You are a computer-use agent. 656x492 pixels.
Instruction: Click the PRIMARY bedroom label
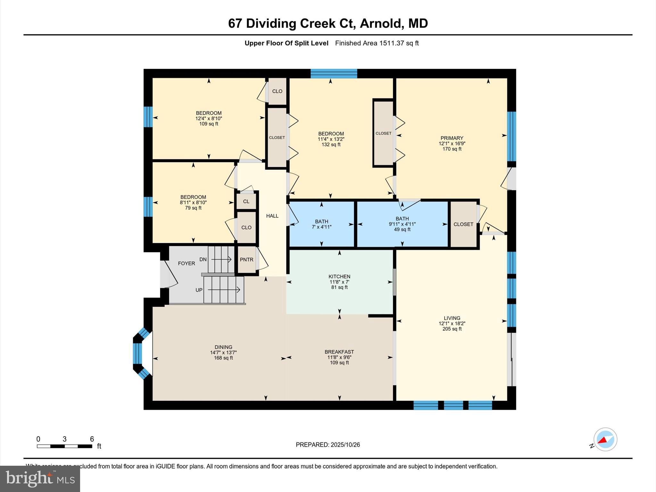pos(452,138)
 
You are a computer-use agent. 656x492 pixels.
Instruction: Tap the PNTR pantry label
pos(247,260)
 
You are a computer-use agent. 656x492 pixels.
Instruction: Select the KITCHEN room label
pos(339,276)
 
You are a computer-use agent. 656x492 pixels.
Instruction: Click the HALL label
pos(272,216)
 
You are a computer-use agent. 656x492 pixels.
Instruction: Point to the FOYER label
pos(186,263)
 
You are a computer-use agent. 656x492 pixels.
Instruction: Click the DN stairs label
pos(203,259)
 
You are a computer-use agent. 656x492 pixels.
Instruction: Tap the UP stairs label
pos(199,290)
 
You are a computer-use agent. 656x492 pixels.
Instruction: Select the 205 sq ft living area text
pos(452,329)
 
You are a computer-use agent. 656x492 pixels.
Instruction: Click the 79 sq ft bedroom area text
pos(193,208)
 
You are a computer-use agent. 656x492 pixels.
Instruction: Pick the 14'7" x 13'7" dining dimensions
pos(223,352)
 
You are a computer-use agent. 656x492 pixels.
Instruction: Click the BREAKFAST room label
pos(339,352)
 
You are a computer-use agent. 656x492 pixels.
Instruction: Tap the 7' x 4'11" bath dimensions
pos(322,227)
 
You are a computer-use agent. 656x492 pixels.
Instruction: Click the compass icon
pos(605,439)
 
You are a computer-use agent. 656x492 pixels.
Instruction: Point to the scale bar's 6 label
pos(92,439)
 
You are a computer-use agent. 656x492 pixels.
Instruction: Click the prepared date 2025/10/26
pos(345,445)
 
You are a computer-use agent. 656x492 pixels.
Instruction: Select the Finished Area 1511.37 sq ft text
pos(377,43)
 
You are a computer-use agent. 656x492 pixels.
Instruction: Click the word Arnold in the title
pos(380,23)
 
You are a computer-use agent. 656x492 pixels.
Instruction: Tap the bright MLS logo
pos(40,479)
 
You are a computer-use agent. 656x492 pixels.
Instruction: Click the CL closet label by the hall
pos(246,201)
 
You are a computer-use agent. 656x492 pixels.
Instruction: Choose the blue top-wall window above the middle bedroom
pos(334,74)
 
